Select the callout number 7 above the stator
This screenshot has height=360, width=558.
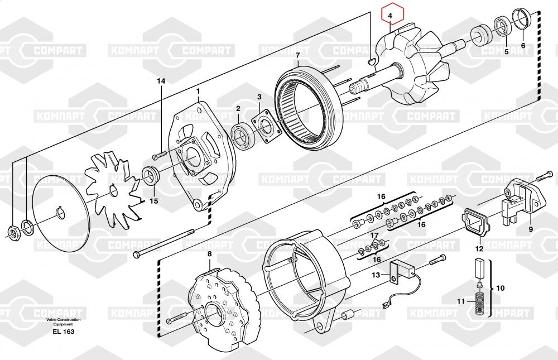(298, 55)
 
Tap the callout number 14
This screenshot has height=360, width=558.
(161, 81)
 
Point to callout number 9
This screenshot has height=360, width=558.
(530, 229)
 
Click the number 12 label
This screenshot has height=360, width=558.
(479, 249)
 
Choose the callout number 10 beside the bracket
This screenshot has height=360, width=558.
(500, 288)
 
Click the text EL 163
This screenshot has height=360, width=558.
(64, 332)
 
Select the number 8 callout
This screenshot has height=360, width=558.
(209, 255)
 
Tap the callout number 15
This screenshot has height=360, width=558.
(153, 200)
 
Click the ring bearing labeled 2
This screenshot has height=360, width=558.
(242, 136)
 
